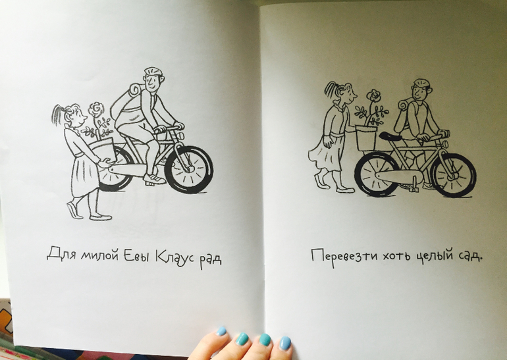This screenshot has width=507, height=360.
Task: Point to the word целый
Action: (x=434, y=256)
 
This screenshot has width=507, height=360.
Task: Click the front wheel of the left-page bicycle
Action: (x=189, y=169)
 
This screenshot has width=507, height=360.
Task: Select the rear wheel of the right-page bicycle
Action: (x=377, y=174)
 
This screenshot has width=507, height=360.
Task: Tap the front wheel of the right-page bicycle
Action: (x=453, y=175)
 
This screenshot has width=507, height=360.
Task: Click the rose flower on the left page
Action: (x=96, y=109)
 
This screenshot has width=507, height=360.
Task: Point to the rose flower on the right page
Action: (x=373, y=95)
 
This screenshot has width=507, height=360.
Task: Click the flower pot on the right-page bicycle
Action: (x=367, y=138)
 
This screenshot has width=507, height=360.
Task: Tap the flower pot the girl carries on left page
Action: (x=103, y=149)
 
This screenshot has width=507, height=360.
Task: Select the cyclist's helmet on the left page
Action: (x=153, y=72)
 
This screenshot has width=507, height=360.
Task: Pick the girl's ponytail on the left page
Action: (x=57, y=115)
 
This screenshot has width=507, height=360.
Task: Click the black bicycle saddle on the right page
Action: (x=390, y=136)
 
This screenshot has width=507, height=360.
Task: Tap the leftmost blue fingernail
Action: (x=221, y=331)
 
